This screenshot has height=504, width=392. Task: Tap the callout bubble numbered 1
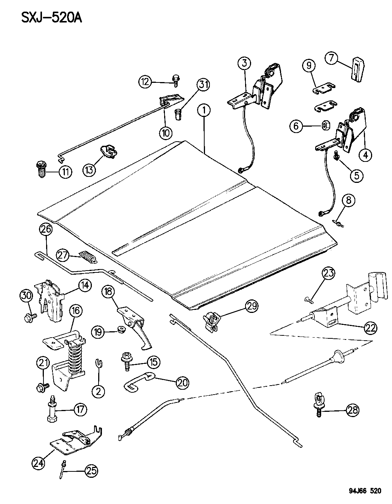pos(204,111)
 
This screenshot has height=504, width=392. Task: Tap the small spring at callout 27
pos(87,257)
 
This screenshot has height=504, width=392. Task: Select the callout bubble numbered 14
pos(84,286)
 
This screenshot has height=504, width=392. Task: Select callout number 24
pos(39,463)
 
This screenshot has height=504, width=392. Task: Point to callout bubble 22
pos(370,328)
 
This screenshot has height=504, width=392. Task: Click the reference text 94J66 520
pos(361,491)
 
